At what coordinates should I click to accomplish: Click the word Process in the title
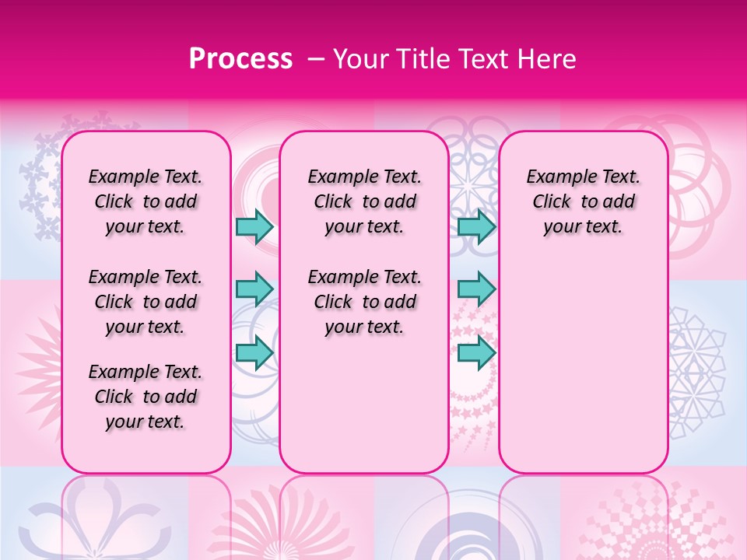pos(240,59)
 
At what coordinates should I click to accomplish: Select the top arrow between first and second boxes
pos(254,226)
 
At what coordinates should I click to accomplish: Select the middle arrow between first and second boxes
pos(254,289)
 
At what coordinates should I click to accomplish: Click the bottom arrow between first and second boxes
pos(254,352)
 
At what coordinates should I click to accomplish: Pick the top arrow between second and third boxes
pos(476,226)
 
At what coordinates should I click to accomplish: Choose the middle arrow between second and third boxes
pos(476,289)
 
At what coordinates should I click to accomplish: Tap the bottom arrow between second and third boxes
pos(476,352)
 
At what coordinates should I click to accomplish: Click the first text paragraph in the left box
pos(146,202)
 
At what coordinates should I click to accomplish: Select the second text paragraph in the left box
pos(146,302)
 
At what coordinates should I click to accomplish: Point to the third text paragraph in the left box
pos(146,397)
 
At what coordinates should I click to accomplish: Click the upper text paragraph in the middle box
pos(364,202)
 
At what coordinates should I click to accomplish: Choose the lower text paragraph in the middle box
pos(364,302)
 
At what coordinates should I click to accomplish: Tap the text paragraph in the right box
pos(584,202)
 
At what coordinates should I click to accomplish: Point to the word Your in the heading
pos(359,59)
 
